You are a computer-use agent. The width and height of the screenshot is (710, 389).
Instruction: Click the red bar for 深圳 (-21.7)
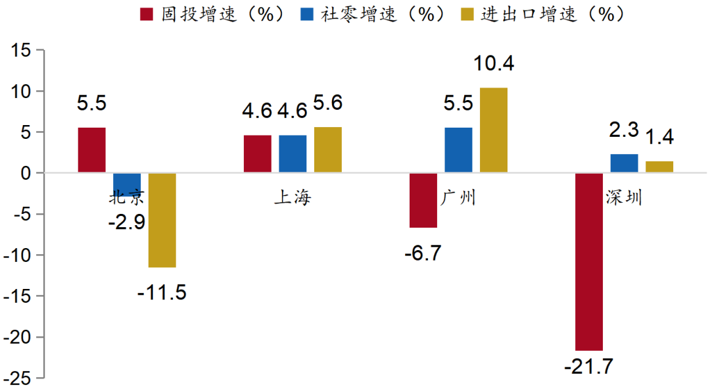589,261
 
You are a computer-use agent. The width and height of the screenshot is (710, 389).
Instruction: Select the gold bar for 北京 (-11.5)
162,220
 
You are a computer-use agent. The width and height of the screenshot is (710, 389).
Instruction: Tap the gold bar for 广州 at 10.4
493,130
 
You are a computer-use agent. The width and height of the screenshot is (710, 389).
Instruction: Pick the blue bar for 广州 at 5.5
458,150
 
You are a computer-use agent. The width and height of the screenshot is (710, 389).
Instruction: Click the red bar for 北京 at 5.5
92,150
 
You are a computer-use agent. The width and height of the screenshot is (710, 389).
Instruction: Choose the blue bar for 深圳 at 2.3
624,163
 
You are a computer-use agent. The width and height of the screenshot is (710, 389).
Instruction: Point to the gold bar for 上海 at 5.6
327,149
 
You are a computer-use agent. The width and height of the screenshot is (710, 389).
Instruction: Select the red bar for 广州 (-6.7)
423,200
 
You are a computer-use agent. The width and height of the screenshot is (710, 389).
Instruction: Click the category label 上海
293,198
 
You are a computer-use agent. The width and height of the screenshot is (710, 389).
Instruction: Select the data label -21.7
588,367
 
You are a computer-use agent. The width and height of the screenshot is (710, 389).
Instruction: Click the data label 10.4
493,64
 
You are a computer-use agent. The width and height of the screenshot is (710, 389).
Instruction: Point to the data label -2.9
127,222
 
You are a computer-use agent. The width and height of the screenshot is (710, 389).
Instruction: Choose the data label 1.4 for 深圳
659,138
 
